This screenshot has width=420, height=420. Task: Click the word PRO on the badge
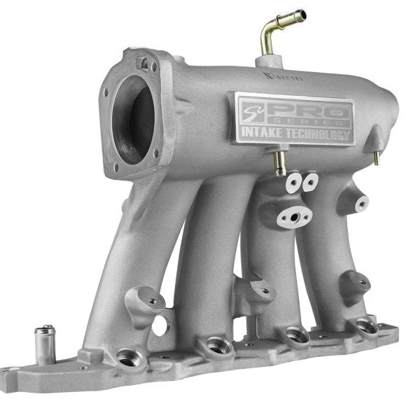pyautogui.click(x=307, y=110)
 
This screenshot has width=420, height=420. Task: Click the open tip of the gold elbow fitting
pyautogui.click(x=300, y=14)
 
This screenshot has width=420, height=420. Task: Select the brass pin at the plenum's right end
pyautogui.click(x=376, y=157)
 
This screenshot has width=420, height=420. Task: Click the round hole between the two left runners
pyautogui.click(x=160, y=324)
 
